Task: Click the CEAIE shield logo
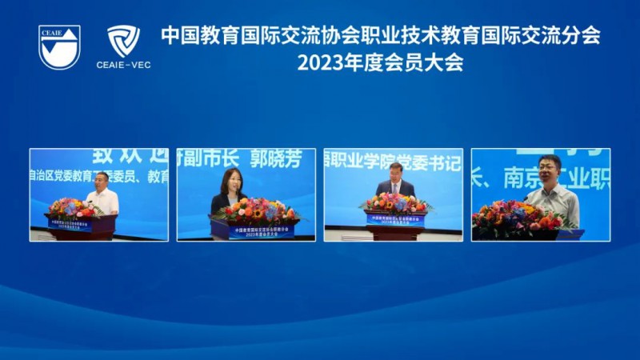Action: (60, 46)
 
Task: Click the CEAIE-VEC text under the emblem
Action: (123, 65)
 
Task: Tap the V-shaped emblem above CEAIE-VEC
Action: (123, 40)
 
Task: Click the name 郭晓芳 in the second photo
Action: (274, 159)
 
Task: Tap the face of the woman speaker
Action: (231, 182)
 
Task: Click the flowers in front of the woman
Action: (255, 210)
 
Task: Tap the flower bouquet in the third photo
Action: (395, 202)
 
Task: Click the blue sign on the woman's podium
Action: (254, 231)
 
